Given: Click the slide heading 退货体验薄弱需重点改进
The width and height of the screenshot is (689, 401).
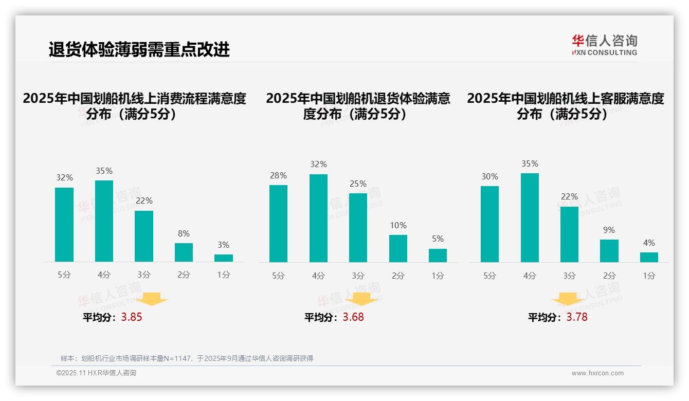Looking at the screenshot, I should [139, 49].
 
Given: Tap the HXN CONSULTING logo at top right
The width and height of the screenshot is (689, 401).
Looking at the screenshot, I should [604, 45].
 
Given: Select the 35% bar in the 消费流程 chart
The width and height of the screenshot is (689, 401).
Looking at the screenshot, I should [104, 221].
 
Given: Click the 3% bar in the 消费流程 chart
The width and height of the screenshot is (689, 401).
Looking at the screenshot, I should [224, 258].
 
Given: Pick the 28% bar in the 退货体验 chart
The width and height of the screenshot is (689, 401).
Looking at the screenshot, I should [278, 224].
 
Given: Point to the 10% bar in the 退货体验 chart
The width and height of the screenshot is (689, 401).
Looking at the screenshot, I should [398, 249].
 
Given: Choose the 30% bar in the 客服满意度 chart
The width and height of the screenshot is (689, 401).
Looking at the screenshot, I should [489, 224].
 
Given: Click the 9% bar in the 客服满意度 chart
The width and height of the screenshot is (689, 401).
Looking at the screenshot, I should [609, 251].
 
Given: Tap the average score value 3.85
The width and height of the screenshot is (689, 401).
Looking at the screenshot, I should [132, 317].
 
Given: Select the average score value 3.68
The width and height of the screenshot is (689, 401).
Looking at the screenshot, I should [353, 317].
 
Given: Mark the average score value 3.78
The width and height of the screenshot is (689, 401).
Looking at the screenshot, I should [577, 317].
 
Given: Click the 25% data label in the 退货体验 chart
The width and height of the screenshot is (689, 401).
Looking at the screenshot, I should [358, 184].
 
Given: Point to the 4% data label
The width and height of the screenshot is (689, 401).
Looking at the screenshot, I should [649, 243].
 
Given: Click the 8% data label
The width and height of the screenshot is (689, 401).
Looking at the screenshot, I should [184, 233].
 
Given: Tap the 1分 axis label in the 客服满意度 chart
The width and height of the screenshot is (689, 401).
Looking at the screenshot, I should [649, 276].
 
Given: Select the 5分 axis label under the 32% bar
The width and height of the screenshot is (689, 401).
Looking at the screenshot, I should [64, 275].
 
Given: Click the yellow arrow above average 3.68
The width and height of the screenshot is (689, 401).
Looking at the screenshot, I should [361, 299].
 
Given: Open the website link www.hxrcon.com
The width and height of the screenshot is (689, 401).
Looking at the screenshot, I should [597, 373].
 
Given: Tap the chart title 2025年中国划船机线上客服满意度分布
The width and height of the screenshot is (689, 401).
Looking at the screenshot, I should [565, 106].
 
